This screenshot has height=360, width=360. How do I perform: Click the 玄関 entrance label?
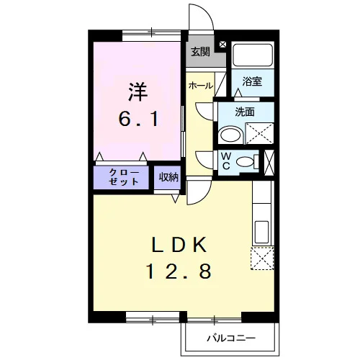point(200,52)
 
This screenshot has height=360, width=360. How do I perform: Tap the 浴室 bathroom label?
point(252,81)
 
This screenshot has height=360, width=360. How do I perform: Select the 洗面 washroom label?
point(245,112)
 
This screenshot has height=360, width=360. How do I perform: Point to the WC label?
point(226,161)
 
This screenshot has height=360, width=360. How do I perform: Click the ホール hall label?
point(201,86)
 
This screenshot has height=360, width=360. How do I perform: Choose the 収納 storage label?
point(168,177)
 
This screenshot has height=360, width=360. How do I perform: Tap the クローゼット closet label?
point(124,177)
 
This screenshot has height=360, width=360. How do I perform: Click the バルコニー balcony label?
point(231,338)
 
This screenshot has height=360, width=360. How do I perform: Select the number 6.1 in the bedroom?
point(139,120)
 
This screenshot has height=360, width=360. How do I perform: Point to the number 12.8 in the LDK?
point(179,271)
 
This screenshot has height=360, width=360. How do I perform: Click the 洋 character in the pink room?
point(138,92)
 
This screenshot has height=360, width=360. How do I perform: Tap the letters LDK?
point(179,244)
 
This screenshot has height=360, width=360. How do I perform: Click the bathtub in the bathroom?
point(253,55)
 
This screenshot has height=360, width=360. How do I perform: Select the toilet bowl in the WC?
point(246,161)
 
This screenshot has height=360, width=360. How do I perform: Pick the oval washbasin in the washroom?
point(230,135)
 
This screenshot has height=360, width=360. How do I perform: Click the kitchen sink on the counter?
point(261,232)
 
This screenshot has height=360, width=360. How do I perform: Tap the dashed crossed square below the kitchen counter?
point(262,258)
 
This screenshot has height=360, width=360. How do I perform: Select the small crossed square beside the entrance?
point(222,44)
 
